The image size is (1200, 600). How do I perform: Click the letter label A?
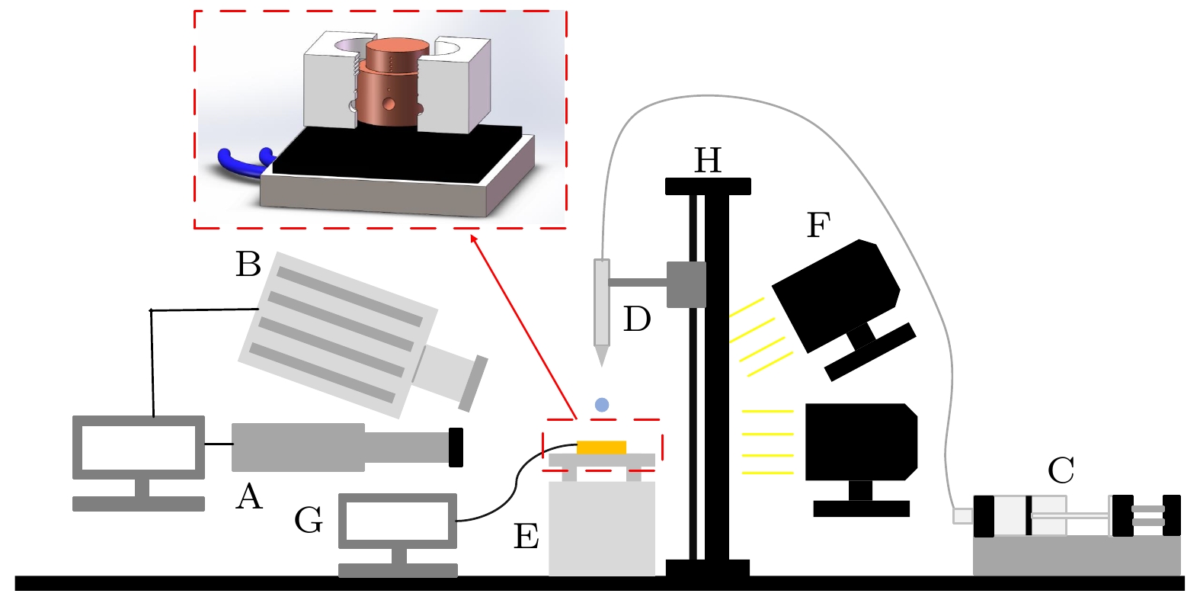tap(249, 497)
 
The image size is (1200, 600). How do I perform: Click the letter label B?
tap(248, 265)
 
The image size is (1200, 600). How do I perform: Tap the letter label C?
tap(1061, 470)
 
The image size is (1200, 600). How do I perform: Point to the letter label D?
tap(637, 319)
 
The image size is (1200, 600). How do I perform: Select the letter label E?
tap(526, 537)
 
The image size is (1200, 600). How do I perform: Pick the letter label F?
tap(818, 225)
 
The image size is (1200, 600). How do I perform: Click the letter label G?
tap(309, 521)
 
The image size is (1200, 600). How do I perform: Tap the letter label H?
tap(708, 161)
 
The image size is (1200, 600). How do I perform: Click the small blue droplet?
tap(602, 405)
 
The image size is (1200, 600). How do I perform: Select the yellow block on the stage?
tap(601, 448)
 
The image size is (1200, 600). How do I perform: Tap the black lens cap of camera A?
tap(456, 448)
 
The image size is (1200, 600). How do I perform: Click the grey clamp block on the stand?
tap(686, 284)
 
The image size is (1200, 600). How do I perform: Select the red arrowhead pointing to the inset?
tap(474, 239)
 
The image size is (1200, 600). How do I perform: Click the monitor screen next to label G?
tap(397, 521)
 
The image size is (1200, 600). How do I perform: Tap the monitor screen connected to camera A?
tap(139, 448)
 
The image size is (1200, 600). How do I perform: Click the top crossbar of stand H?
tap(708, 186)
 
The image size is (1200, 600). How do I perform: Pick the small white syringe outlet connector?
tap(962, 516)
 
